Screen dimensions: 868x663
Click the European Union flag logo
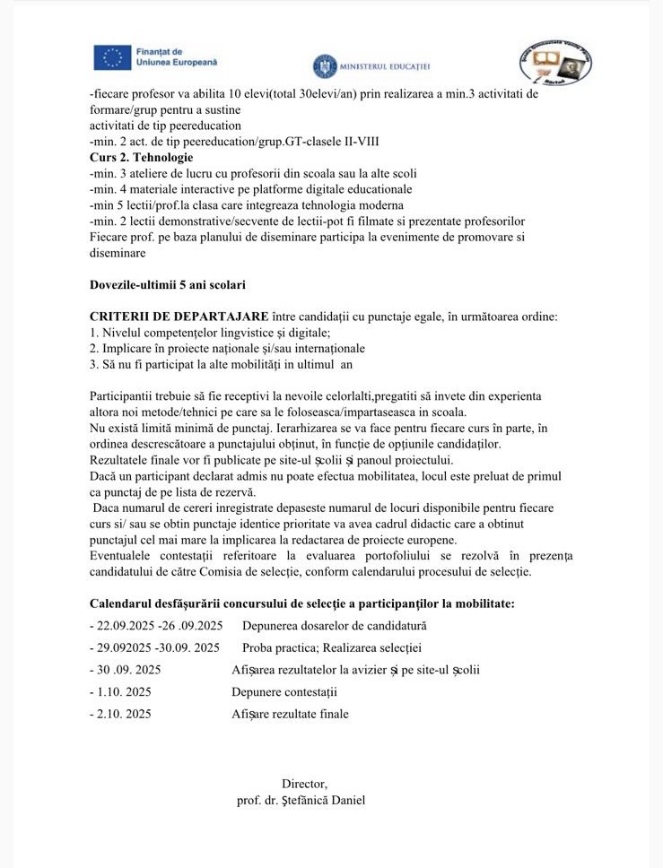tap(112, 58)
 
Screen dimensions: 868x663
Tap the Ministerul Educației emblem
tap(324, 66)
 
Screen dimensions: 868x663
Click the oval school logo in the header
tap(556, 63)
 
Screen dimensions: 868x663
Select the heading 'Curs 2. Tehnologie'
tap(141, 157)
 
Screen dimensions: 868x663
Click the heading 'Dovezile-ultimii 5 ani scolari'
tap(168, 285)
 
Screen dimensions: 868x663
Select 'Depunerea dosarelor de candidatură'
tap(334, 625)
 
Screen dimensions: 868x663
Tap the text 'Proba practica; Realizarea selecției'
tap(331, 647)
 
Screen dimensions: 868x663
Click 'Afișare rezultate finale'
tap(290, 715)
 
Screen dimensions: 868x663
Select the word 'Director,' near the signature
tap(304, 784)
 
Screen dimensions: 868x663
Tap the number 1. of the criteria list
tap(94, 333)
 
